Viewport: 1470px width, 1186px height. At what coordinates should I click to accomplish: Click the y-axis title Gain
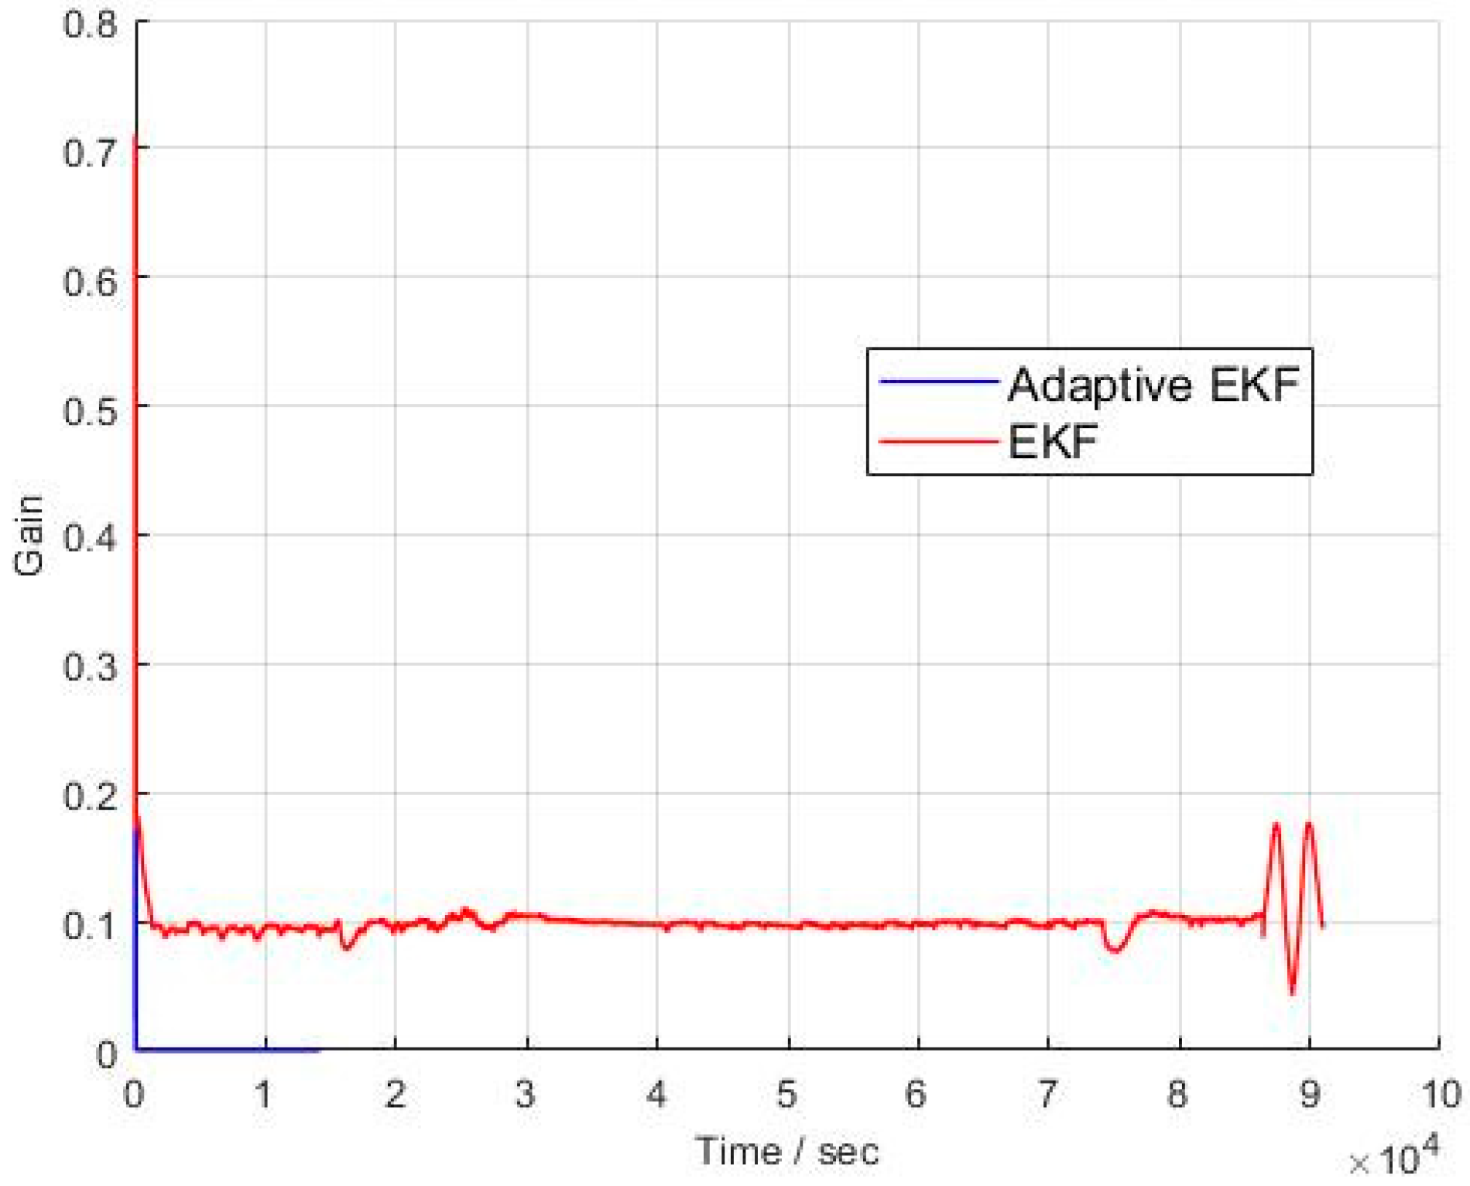[29, 535]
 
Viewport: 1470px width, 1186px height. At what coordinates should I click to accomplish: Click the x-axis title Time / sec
[787, 1152]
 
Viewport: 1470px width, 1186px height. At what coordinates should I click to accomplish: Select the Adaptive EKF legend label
[1153, 385]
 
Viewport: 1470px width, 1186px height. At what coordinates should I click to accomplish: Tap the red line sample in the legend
[937, 442]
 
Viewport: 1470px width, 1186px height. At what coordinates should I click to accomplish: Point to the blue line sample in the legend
[937, 382]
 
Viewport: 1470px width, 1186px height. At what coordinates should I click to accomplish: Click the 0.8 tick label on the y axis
[90, 24]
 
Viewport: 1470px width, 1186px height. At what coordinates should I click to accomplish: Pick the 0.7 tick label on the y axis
[90, 153]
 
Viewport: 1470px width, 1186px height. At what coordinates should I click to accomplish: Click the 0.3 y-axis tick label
[90, 667]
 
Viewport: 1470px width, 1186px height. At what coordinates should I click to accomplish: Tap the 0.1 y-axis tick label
[90, 924]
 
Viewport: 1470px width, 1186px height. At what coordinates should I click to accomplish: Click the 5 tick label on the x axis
[787, 1095]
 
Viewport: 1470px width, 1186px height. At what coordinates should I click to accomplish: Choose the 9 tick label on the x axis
[1309, 1095]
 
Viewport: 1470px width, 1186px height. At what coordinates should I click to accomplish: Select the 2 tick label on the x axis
[396, 1095]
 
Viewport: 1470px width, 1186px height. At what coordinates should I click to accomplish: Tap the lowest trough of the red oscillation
[1292, 992]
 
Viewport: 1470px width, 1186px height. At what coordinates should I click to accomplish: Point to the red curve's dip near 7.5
[1115, 949]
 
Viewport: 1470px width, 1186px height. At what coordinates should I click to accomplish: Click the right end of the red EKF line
[1322, 925]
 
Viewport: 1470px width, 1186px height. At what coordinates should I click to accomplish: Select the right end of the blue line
[318, 1050]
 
